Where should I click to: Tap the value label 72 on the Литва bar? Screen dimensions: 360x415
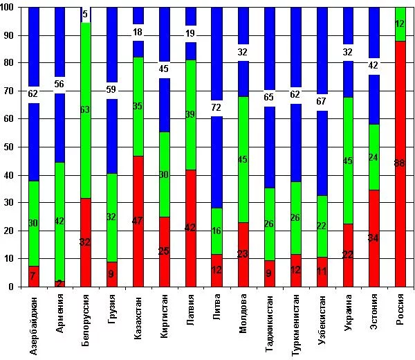tap(217, 107)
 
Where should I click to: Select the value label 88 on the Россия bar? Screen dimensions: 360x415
tap(400, 163)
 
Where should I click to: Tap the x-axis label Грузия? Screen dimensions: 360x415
tap(112, 318)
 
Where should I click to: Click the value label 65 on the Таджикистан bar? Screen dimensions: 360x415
tap(269, 98)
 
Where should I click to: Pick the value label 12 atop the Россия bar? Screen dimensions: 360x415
tap(400, 24)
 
